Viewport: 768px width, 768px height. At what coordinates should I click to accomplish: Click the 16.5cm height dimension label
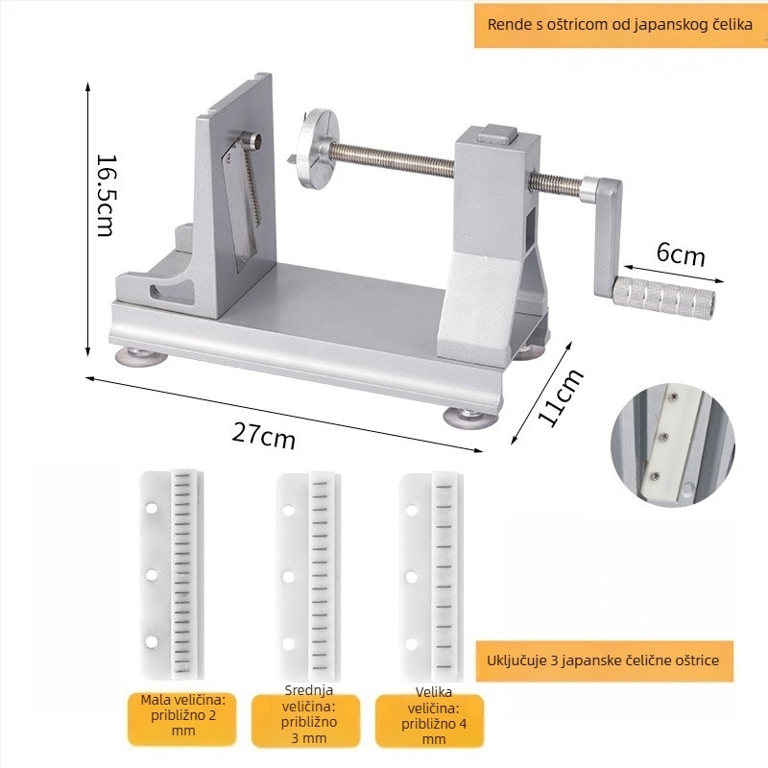click(x=107, y=196)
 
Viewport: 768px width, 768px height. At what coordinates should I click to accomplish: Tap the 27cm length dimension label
click(x=263, y=436)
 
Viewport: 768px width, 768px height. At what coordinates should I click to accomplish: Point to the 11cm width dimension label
click(x=561, y=396)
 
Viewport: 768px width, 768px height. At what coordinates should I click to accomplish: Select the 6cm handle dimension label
click(x=681, y=253)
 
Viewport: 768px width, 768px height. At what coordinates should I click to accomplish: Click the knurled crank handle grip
click(x=663, y=296)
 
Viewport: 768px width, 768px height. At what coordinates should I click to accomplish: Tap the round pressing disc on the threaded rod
click(x=318, y=148)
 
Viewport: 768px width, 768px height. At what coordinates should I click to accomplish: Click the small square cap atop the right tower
click(x=497, y=133)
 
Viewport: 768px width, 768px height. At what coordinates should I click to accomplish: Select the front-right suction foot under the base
click(x=470, y=419)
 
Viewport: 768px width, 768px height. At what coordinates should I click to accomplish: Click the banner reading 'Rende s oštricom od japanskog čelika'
click(x=620, y=25)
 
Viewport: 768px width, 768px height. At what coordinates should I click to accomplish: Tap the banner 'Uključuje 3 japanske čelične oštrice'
click(x=603, y=660)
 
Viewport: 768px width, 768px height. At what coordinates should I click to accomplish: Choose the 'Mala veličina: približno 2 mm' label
click(x=183, y=715)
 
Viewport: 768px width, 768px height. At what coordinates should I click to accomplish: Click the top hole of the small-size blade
click(x=152, y=508)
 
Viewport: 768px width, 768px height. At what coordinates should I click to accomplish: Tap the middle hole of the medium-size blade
click(x=288, y=577)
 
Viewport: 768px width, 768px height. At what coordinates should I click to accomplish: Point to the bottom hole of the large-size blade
click(x=412, y=644)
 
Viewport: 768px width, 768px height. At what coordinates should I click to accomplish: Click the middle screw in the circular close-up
click(x=663, y=436)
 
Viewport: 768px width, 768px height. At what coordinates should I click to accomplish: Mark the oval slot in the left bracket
click(x=168, y=292)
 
